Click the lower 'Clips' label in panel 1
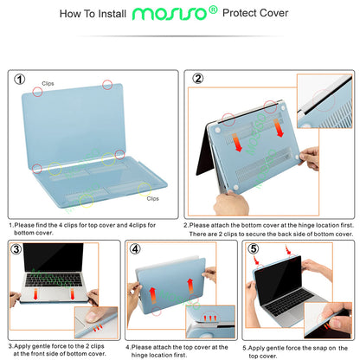tap(152, 198)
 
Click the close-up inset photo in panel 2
tap(324, 102)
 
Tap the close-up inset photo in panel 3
tap(93, 304)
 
